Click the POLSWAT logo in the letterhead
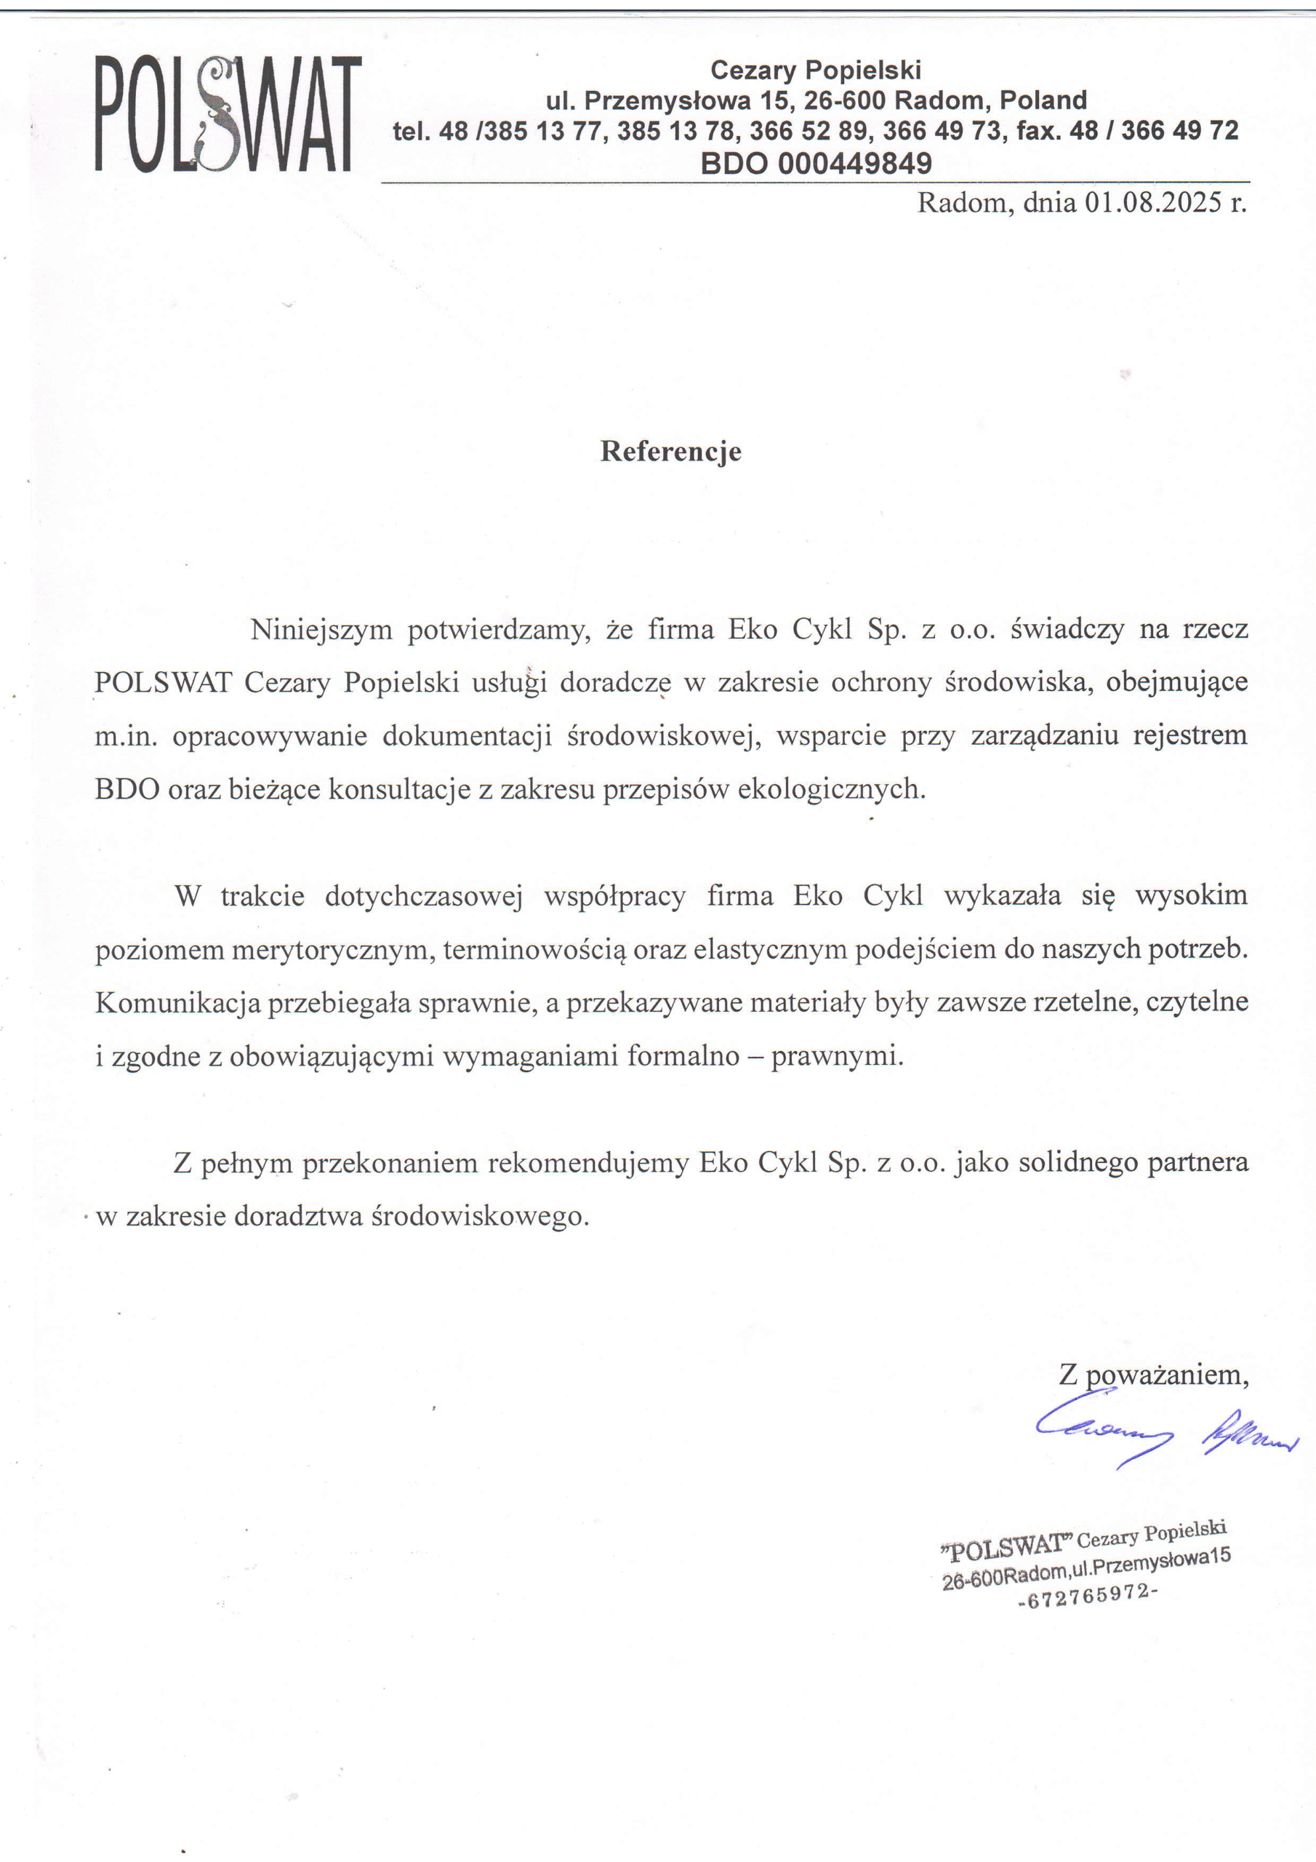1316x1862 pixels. click(x=228, y=113)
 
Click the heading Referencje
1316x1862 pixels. click(x=670, y=451)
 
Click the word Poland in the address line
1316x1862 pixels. click(x=1043, y=100)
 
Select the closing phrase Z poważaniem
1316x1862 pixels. click(x=1152, y=1375)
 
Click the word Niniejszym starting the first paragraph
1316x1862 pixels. click(x=321, y=630)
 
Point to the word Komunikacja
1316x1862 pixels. click(x=177, y=1003)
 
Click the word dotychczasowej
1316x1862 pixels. click(x=424, y=896)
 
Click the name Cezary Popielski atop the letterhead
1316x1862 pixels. click(x=816, y=71)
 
